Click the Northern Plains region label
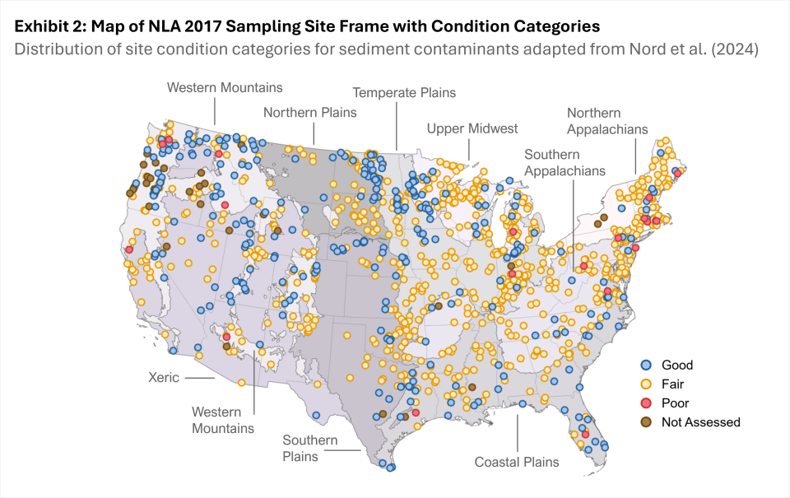point(310,112)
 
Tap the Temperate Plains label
point(404,93)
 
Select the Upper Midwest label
point(472,128)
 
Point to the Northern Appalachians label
point(607,121)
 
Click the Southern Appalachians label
point(565,162)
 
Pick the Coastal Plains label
point(517,462)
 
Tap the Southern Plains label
point(310,448)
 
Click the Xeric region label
point(163,378)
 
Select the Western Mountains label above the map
point(225,87)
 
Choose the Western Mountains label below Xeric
point(223,420)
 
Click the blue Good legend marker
point(647,365)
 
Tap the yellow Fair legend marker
point(647,384)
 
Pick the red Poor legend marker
point(647,403)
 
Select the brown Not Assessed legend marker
point(647,422)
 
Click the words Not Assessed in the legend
point(701,422)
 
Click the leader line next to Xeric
point(198,378)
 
